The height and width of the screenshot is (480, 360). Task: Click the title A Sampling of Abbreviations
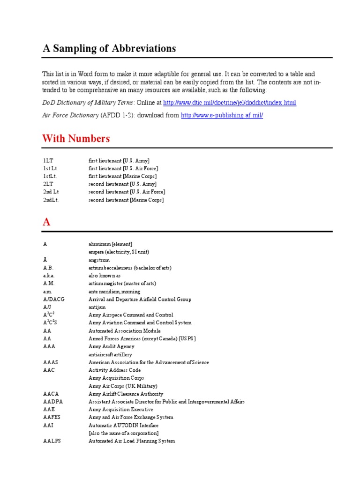(x=109, y=48)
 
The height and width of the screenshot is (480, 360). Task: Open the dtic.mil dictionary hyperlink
(x=229, y=103)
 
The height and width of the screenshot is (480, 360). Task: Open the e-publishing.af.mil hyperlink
(x=222, y=115)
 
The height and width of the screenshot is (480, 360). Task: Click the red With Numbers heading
(x=76, y=139)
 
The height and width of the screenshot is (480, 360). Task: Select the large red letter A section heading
(x=46, y=222)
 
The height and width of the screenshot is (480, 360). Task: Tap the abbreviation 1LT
(x=48, y=161)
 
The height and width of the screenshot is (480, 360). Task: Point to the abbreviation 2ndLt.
(x=51, y=200)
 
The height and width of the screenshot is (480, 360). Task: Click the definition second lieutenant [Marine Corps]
(x=126, y=200)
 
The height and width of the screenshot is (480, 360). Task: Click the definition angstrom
(x=99, y=260)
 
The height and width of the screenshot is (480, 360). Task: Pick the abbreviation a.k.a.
(x=49, y=276)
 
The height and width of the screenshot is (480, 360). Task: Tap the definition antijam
(x=97, y=307)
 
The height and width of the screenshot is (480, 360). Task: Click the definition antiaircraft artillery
(x=110, y=355)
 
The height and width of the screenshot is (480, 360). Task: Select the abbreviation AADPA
(x=52, y=402)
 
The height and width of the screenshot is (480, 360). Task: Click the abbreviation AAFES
(x=52, y=417)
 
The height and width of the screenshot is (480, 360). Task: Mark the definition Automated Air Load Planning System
(x=132, y=441)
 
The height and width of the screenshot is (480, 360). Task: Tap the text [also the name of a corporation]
(x=123, y=433)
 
